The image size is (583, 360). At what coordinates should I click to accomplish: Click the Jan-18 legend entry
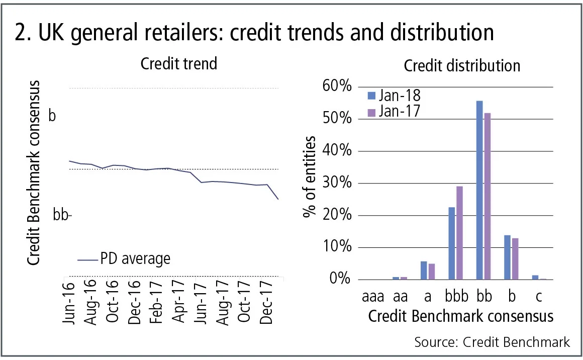pyautogui.click(x=394, y=95)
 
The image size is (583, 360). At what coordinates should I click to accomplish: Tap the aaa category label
pyautogui.click(x=373, y=297)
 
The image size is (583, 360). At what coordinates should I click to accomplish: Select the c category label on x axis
pyautogui.click(x=539, y=297)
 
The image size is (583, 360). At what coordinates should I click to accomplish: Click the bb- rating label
pyautogui.click(x=63, y=215)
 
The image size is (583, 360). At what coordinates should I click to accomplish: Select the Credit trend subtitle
pyautogui.click(x=178, y=64)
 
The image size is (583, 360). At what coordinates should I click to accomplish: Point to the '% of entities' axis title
pyautogui.click(x=311, y=176)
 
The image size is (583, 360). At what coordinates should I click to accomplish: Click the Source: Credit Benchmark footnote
pyautogui.click(x=492, y=342)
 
